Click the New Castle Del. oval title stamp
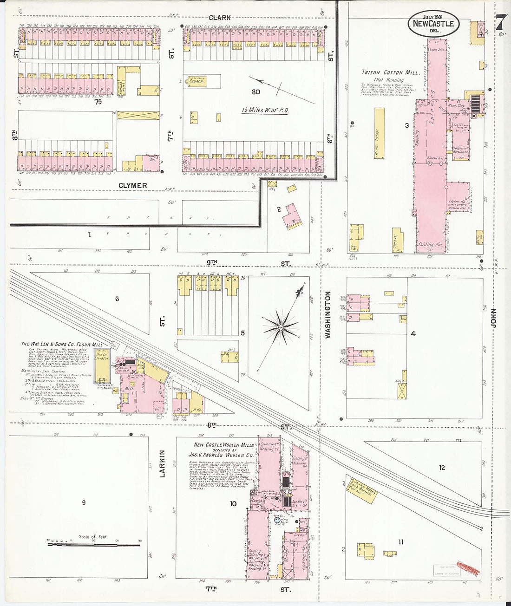tap(434, 24)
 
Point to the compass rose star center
tap(281, 327)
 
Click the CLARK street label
tap(220, 18)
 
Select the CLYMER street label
tap(132, 185)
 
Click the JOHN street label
tap(493, 318)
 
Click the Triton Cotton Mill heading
tap(391, 73)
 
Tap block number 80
tap(255, 92)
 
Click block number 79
tap(98, 101)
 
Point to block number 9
tap(84, 502)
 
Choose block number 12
tap(442, 468)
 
